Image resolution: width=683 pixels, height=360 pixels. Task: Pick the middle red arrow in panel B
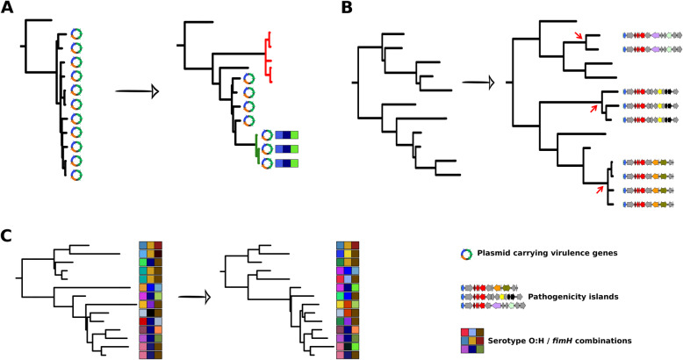coord(594,108)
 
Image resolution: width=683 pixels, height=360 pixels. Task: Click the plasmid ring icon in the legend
coord(467,255)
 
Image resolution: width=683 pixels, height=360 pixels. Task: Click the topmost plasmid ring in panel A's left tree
coord(76,33)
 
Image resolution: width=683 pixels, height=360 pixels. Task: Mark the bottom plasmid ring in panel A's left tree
coord(76,175)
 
